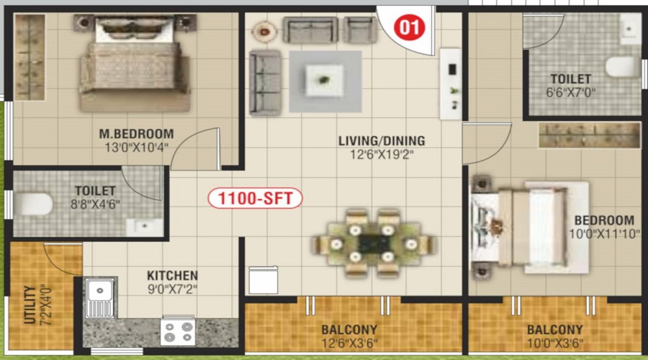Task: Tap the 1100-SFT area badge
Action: [256, 198]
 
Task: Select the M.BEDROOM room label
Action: [136, 133]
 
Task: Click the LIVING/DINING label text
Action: [382, 140]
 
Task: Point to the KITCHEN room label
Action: [172, 276]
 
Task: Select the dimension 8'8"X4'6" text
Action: [95, 204]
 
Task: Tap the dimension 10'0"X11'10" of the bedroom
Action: [604, 234]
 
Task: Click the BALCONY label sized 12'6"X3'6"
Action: [349, 330]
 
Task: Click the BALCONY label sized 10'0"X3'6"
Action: [554, 330]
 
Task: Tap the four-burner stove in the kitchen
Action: [178, 332]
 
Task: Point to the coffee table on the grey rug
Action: [325, 80]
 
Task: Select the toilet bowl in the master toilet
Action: [33, 204]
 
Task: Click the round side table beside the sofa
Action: [264, 31]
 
